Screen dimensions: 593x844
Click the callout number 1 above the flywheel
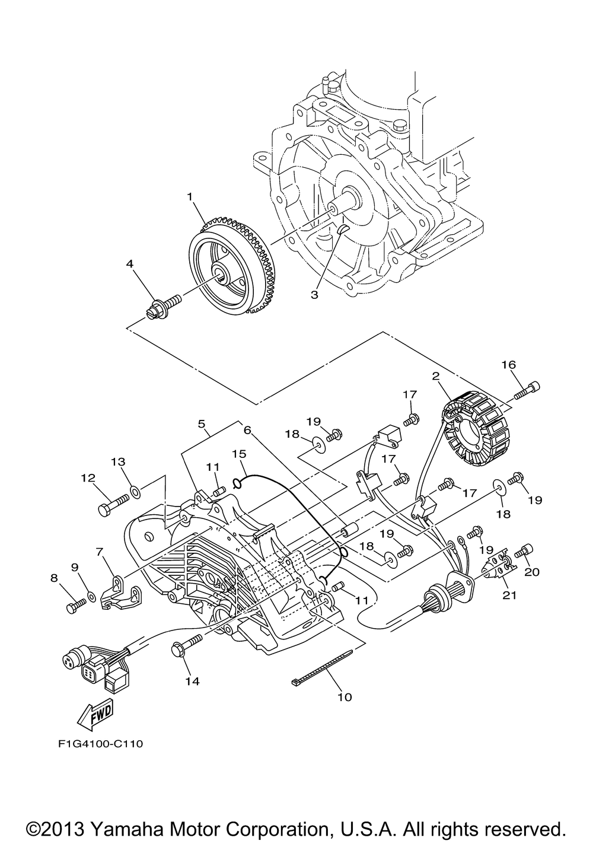pyautogui.click(x=190, y=197)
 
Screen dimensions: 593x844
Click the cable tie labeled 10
pyautogui.click(x=322, y=661)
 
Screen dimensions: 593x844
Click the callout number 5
pyautogui.click(x=202, y=424)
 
